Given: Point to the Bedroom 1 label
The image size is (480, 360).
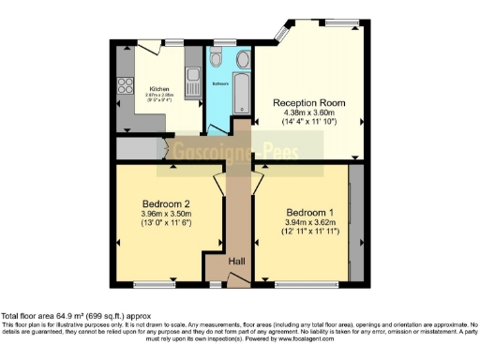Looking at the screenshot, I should click(x=308, y=211).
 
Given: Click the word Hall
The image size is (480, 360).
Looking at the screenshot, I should click(x=237, y=261).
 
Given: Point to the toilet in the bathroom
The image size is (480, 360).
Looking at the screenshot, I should click(x=217, y=60).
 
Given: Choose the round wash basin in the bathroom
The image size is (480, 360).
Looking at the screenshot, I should click(x=242, y=60).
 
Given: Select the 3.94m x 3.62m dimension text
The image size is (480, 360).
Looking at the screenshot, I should click(x=308, y=222).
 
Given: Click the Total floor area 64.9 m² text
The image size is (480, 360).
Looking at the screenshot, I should click(x=76, y=317).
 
